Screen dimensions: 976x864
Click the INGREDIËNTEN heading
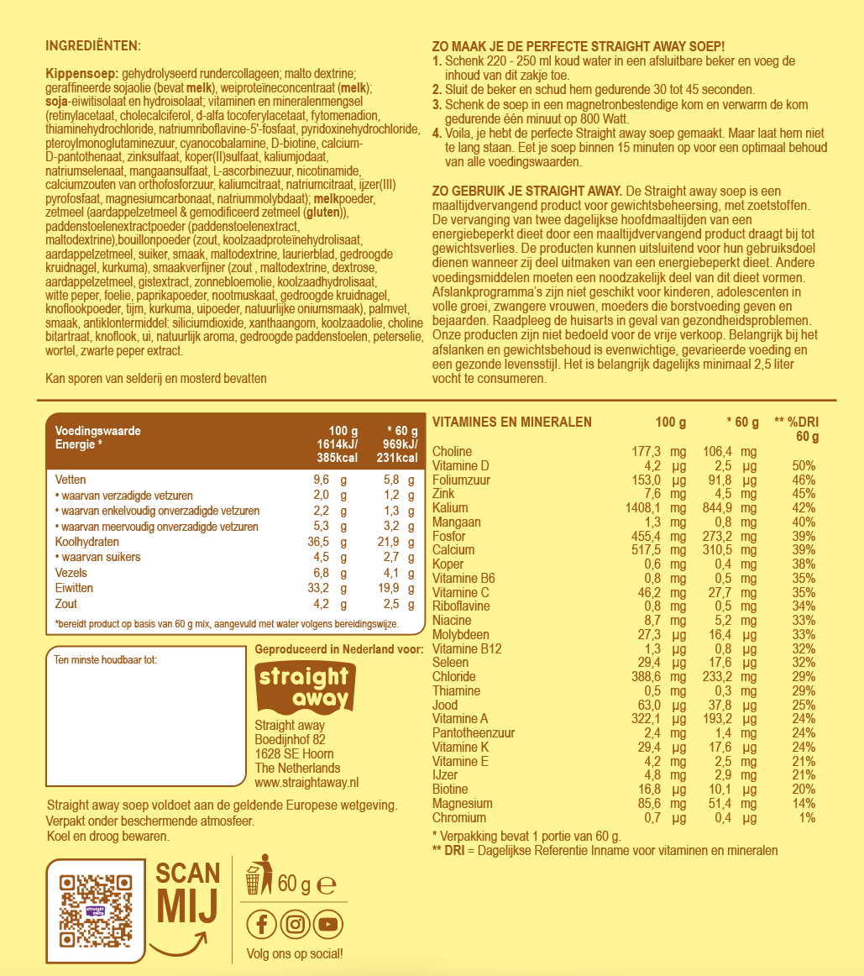[x=93, y=45]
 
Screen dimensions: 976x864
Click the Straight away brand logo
[x=303, y=685]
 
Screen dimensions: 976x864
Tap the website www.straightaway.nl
[x=306, y=783]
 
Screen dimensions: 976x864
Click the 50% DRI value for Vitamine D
[x=804, y=466]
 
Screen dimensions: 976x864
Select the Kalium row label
[x=450, y=508]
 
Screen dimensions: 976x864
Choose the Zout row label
[x=65, y=604]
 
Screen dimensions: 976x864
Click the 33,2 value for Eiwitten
[x=317, y=588]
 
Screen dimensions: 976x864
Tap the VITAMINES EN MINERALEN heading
[x=511, y=422]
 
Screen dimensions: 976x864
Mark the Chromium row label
[x=458, y=818]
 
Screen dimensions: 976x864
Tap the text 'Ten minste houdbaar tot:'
[x=105, y=659]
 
